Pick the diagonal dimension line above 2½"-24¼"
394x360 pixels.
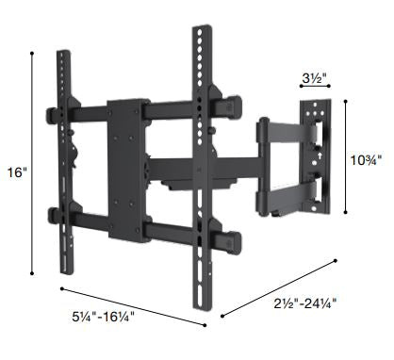283,286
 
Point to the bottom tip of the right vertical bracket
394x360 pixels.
202,303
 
